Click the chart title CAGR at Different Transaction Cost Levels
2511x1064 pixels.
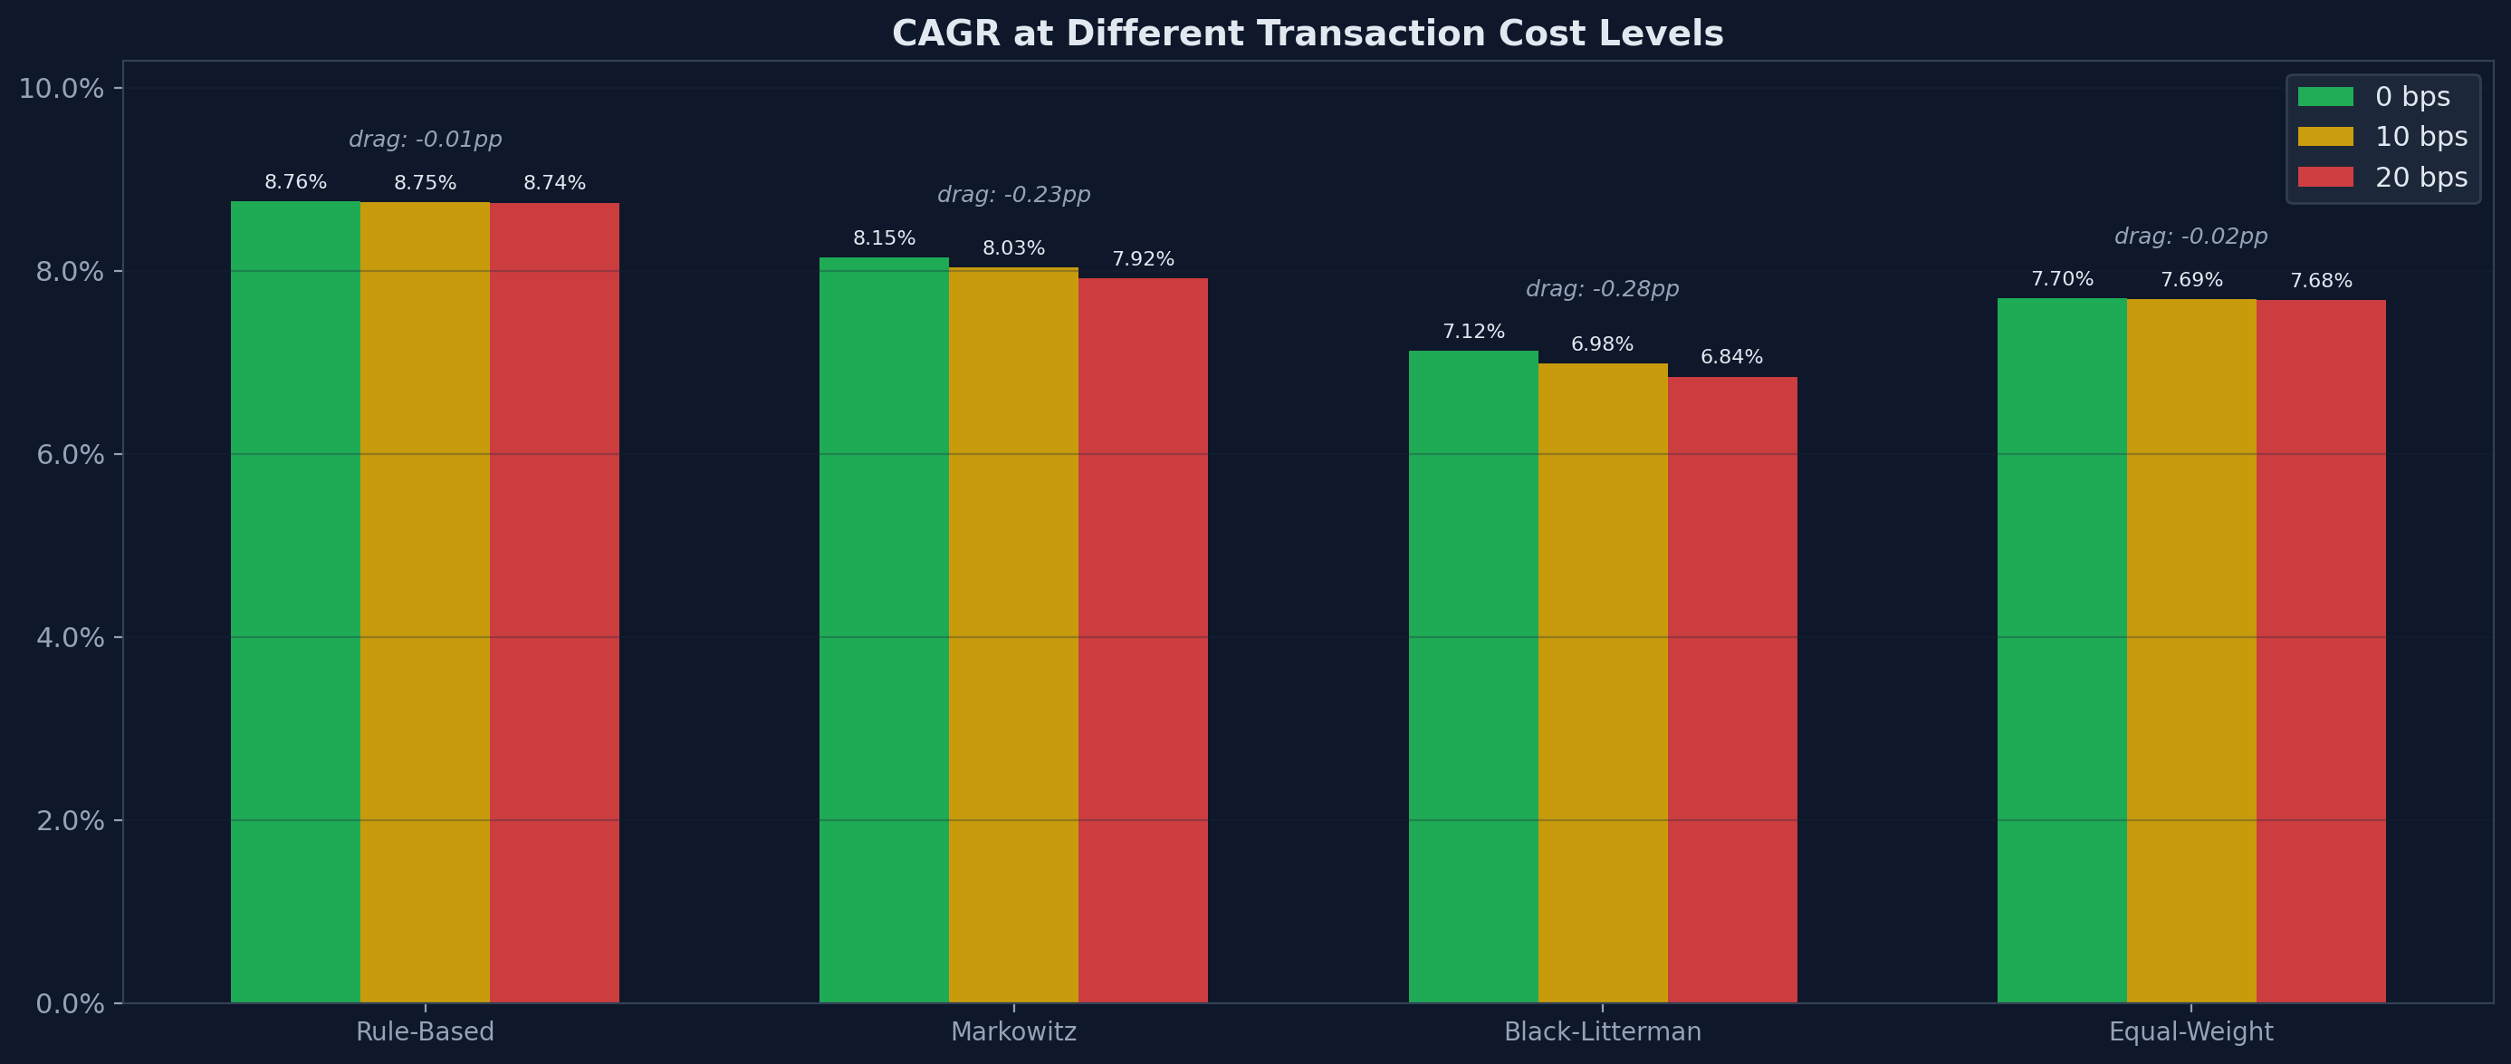pos(1308,34)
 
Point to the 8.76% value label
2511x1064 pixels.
pos(295,182)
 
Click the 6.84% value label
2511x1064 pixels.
pos(1731,357)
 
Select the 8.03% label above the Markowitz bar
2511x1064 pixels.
pos(1012,248)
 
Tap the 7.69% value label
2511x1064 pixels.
pos(2191,281)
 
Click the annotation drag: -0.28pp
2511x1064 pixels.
pos(1602,290)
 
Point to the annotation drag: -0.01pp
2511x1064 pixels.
pos(425,140)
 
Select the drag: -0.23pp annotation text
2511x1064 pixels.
pos(1012,195)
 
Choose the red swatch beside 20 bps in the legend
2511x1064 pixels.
pos(2324,178)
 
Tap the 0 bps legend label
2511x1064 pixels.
pos(2411,97)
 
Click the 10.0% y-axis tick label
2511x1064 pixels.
pos(62,89)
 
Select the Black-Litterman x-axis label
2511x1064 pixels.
pos(1602,1031)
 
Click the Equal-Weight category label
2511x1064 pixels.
pos(2190,1031)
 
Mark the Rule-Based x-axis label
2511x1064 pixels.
pos(425,1031)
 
